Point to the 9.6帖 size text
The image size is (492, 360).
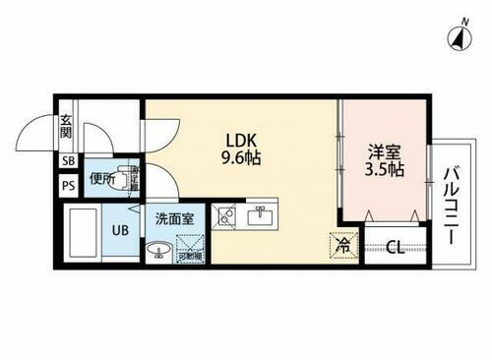pos(241,156)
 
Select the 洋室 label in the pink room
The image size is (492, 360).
pos(384,151)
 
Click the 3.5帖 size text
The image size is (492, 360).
pos(385,169)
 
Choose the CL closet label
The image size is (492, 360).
pos(393,247)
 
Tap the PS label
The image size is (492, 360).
pos(68,184)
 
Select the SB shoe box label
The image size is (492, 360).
pos(68,161)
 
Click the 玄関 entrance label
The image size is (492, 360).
pos(66,128)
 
